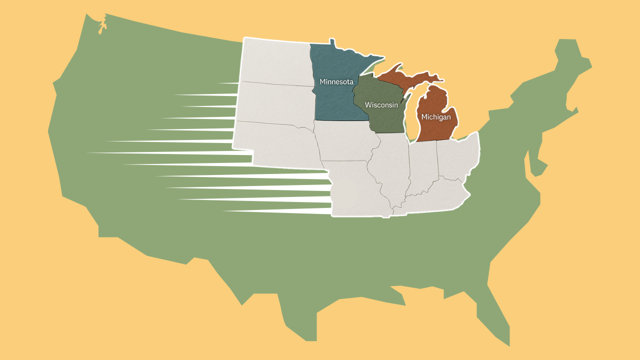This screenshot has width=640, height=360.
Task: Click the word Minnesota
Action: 336,81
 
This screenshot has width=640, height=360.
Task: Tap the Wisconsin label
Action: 381,105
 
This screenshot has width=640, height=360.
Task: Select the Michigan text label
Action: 436,117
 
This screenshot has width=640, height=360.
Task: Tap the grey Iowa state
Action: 345,142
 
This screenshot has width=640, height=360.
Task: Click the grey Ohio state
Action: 457,157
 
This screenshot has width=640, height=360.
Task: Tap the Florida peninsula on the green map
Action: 495,320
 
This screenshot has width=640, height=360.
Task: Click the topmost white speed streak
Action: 228,82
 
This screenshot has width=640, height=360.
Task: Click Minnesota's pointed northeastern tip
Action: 382,56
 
